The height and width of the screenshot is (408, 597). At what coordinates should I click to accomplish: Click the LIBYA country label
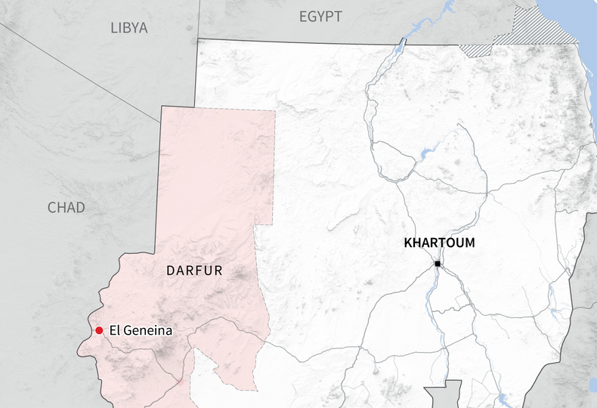(128, 28)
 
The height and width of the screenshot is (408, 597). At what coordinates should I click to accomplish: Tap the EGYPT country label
(320, 17)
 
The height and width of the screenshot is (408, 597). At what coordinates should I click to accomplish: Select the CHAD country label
(67, 207)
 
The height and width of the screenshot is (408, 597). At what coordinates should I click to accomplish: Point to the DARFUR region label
(194, 270)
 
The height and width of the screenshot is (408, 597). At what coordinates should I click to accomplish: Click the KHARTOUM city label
(440, 243)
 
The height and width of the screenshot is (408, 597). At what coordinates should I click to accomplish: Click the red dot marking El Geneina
(99, 330)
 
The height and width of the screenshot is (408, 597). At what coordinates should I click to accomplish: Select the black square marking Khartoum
(438, 264)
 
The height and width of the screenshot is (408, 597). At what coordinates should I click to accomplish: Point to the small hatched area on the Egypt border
(476, 51)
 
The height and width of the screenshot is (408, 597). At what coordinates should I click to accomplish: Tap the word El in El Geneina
(114, 330)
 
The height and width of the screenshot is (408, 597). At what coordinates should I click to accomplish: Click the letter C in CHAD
(52, 207)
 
